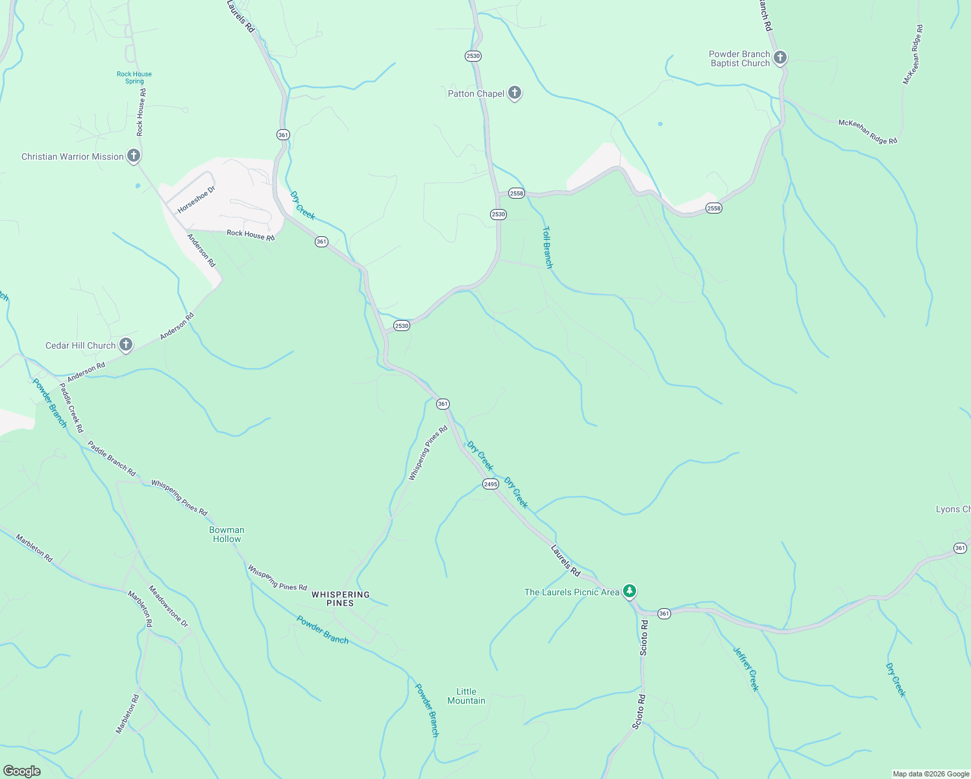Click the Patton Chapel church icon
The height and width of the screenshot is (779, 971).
(x=514, y=93)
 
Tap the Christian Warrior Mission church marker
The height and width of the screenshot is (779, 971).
(x=133, y=156)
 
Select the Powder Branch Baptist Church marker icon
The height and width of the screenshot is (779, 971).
(x=780, y=58)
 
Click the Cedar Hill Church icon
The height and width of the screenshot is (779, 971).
(x=126, y=345)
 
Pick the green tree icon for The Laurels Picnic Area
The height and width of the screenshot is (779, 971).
(x=629, y=591)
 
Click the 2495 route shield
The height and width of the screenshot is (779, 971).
(x=490, y=484)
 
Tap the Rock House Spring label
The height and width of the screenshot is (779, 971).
(x=134, y=77)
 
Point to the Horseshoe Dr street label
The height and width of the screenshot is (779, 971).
(x=196, y=199)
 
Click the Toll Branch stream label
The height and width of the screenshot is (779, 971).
(x=548, y=247)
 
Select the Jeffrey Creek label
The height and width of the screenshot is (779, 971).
(x=746, y=669)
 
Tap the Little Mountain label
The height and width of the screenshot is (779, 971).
(x=466, y=696)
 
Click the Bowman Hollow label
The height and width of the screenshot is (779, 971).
(x=227, y=534)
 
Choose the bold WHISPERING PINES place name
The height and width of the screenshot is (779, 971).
(x=340, y=599)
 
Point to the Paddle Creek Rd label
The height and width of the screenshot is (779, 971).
(x=71, y=408)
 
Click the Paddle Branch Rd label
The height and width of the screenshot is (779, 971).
(x=112, y=459)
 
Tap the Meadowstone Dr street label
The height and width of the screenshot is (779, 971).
(x=168, y=606)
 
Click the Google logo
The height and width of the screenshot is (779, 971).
(x=21, y=771)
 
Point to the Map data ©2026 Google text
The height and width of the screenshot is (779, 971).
(x=931, y=774)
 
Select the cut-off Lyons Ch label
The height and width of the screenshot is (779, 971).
(x=953, y=509)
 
